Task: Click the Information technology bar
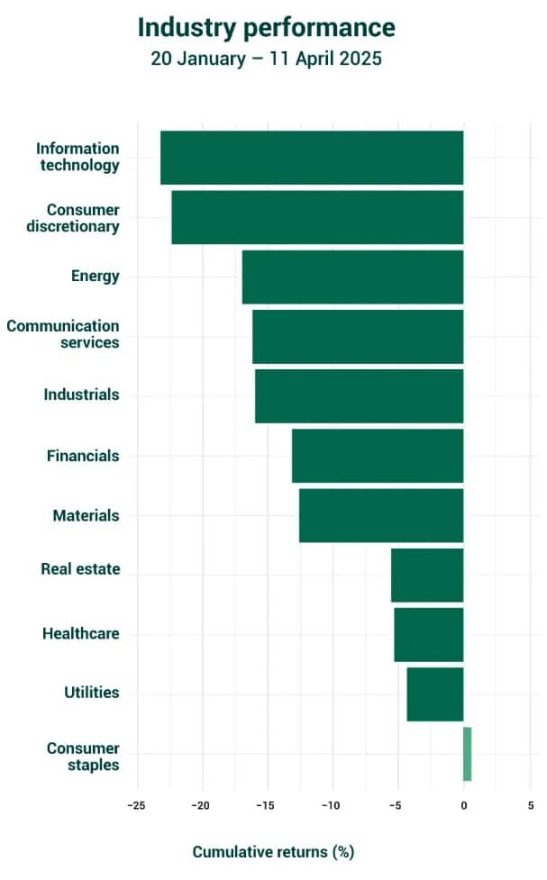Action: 312,158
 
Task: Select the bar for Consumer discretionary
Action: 317,217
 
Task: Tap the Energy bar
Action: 352,277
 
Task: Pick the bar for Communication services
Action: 358,336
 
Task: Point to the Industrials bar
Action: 359,395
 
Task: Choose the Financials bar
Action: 378,456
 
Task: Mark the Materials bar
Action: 381,515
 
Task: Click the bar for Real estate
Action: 427,575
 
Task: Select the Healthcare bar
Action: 429,634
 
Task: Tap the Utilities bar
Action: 435,694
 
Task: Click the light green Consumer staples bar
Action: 467,754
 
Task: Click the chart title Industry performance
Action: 266,28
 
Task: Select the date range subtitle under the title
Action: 266,60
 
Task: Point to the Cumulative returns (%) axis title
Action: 273,851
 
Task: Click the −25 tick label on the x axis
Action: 136,806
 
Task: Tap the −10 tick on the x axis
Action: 332,806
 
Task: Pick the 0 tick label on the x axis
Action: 463,806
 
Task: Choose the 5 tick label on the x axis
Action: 530,806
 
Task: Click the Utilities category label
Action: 92,693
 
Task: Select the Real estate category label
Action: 80,569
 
